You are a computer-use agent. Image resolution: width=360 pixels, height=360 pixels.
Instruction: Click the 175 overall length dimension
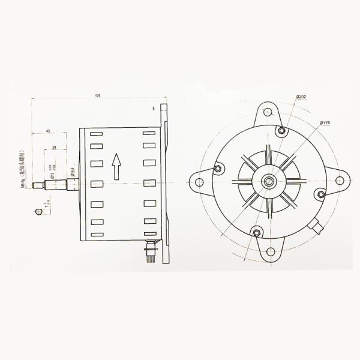click(x=97, y=95)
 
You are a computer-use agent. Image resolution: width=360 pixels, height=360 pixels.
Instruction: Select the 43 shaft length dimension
click(x=47, y=131)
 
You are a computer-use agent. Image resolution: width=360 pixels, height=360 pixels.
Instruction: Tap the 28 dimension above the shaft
click(x=55, y=146)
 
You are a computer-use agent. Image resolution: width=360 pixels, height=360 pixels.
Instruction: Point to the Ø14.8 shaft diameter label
click(x=72, y=172)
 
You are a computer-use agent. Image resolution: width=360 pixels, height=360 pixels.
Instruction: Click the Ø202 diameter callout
click(x=301, y=97)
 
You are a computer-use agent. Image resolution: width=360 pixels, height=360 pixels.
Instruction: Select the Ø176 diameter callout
click(x=325, y=123)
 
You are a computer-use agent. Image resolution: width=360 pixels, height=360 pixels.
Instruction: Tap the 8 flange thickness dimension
click(x=154, y=109)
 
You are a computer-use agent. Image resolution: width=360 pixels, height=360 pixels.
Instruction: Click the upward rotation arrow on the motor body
click(x=118, y=165)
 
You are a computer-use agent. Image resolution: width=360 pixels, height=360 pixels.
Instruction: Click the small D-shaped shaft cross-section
click(x=40, y=212)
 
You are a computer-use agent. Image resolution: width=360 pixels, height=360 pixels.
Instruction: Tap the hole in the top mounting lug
click(x=266, y=111)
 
